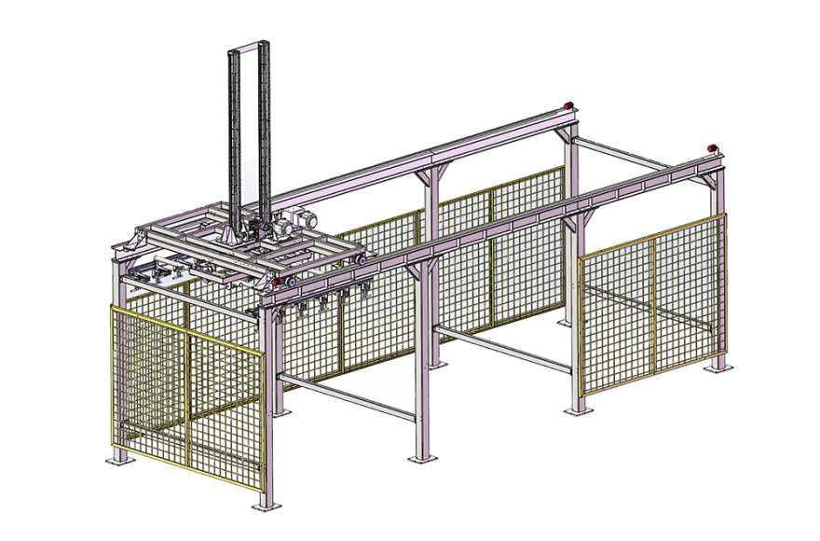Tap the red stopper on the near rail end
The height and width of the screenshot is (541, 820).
(715, 146)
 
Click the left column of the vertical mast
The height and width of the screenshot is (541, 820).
(232, 131)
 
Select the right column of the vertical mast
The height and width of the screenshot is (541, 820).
(266, 131)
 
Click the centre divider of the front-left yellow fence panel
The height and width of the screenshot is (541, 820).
(188, 392)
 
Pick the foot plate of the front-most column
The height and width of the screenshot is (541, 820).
(266, 505)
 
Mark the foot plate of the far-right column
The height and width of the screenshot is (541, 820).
(717, 367)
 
